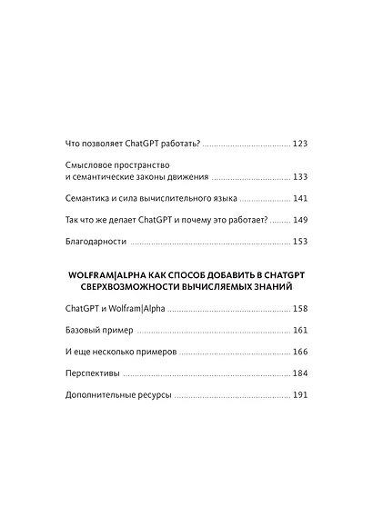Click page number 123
300,144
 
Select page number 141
300,198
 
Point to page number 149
300,220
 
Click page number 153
300,242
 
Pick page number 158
300,309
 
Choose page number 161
300,331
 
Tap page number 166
300,352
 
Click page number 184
300,374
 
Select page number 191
300,396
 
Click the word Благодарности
96,242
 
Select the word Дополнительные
103,396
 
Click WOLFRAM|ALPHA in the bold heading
102,273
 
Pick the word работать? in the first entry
177,144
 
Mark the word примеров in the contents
156,352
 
